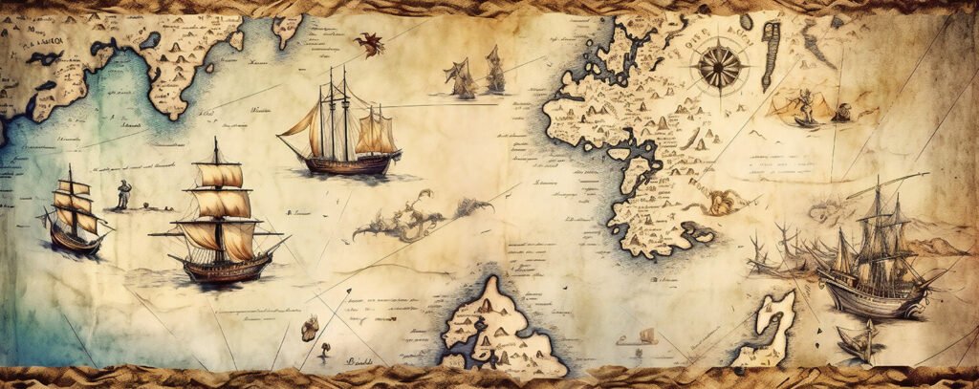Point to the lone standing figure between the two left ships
pyautogui.click(x=122, y=194)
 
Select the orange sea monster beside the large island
pyautogui.click(x=722, y=202)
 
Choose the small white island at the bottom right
pyautogui.click(x=770, y=325)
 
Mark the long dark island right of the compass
pyautogui.click(x=771, y=42)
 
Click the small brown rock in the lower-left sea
pyautogui.click(x=309, y=330)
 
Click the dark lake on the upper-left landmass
pyautogui.click(x=149, y=41)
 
